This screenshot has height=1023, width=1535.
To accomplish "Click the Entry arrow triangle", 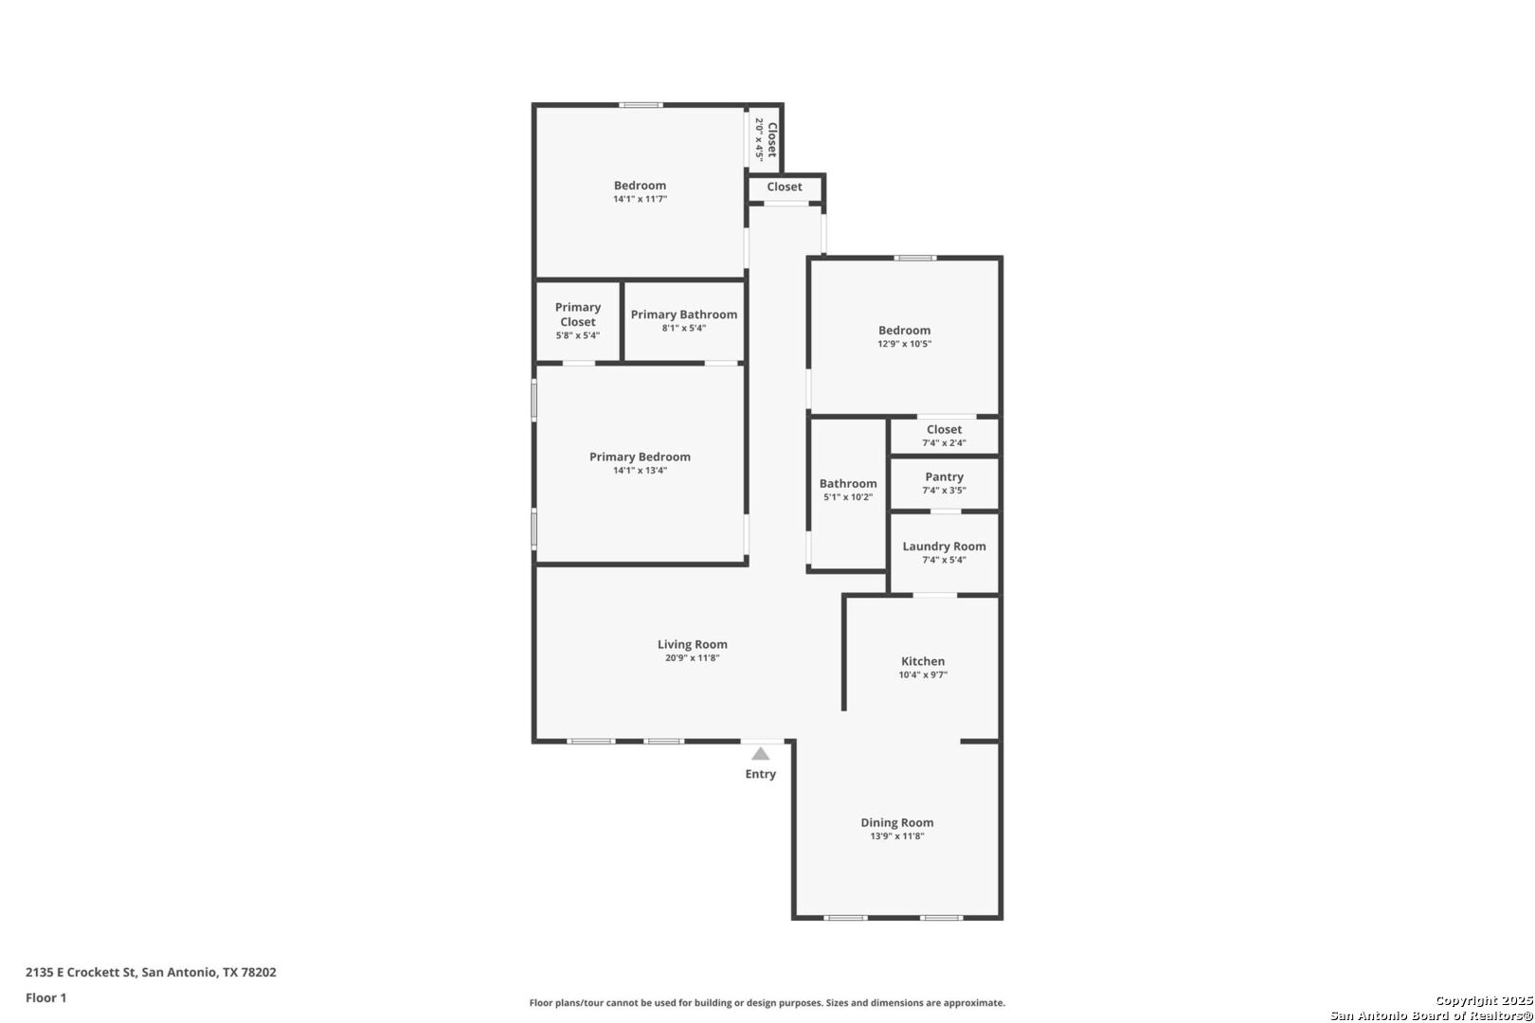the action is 761,754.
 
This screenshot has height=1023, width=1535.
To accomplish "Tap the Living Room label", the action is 692,644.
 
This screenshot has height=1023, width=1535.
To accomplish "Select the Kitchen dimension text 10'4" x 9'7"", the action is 923,675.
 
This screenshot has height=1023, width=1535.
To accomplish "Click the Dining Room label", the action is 897,822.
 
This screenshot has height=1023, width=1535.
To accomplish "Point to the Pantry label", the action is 945,476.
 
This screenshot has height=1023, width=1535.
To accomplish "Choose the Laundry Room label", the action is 945,547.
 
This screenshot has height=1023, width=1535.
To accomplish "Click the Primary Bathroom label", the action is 684,314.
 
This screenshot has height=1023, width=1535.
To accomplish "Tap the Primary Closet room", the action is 578,321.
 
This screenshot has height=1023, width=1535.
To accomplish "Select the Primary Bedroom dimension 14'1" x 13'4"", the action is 640,471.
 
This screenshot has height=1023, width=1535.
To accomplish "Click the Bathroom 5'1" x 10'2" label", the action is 848,490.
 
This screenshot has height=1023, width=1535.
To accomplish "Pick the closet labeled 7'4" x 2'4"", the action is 945,436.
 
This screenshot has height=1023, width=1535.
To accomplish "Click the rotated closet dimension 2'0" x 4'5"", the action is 759,139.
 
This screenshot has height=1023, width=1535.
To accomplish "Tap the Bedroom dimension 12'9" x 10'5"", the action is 905,344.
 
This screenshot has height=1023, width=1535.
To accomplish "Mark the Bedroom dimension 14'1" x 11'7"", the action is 640,200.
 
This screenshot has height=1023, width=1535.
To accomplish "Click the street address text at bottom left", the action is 151,972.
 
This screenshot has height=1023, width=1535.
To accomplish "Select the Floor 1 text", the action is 45,997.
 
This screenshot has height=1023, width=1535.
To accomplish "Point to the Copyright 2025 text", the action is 1484,1000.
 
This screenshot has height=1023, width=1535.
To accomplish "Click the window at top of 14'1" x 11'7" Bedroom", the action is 641,105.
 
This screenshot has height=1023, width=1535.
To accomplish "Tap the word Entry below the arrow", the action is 761,774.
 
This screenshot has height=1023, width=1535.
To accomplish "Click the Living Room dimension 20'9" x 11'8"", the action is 692,658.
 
